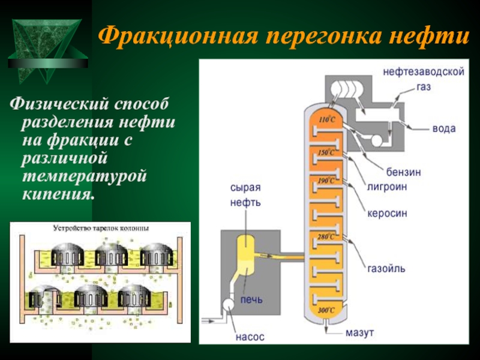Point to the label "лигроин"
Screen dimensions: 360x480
click(x=387, y=187)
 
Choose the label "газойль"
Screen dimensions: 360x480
click(x=386, y=268)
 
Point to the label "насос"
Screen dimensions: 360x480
click(x=249, y=337)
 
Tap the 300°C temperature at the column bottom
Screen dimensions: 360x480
click(x=326, y=310)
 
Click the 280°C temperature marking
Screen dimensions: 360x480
click(x=326, y=237)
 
